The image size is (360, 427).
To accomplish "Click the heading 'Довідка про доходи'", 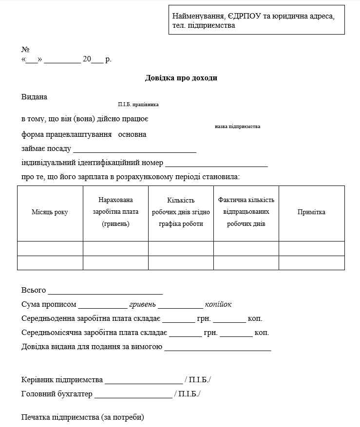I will (181, 78).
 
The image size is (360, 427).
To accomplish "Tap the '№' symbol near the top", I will (26, 50).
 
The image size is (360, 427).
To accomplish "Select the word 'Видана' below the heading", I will (35, 97).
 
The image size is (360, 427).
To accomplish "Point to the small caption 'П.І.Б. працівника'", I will (138, 105).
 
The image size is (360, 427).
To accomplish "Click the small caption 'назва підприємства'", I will (237, 127).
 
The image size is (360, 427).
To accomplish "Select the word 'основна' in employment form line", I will (132, 134).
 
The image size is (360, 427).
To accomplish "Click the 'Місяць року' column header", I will (50, 212).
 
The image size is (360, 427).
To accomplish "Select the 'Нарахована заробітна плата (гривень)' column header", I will (115, 212).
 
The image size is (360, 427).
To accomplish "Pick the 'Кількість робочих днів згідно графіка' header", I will (181, 212).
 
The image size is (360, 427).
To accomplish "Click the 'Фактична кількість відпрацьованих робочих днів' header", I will (246, 212).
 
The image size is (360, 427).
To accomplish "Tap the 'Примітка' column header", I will (311, 212).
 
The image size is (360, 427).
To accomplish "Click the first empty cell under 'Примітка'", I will (311, 248).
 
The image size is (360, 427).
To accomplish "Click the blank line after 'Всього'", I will (105, 292).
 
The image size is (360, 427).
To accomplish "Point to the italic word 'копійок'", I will (218, 305).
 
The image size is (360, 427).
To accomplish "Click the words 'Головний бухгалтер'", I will (57, 394).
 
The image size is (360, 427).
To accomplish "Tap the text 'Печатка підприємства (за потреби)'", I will (83, 417).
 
